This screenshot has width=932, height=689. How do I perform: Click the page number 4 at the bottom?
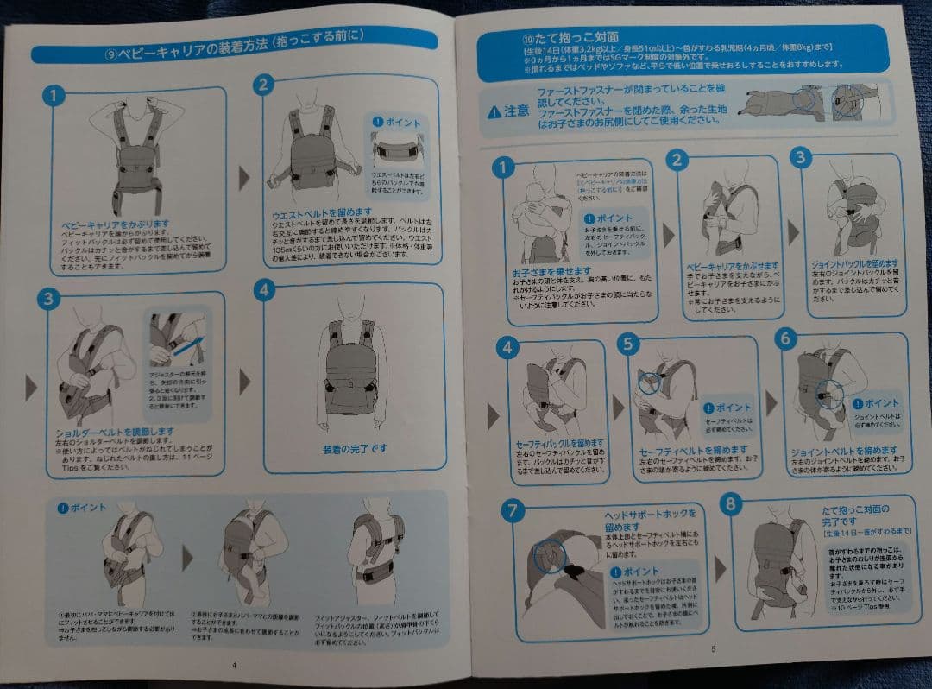(233, 665)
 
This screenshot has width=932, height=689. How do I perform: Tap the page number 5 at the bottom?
(713, 648)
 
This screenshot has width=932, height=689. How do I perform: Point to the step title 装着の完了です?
(355, 449)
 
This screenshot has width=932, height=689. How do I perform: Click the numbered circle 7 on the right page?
(513, 511)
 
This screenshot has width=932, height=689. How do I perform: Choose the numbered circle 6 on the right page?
(785, 339)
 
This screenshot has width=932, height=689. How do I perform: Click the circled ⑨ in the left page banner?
(110, 53)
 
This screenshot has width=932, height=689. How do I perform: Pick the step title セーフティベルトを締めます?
(694, 451)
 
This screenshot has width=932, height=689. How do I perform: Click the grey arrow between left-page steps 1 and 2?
(244, 178)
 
